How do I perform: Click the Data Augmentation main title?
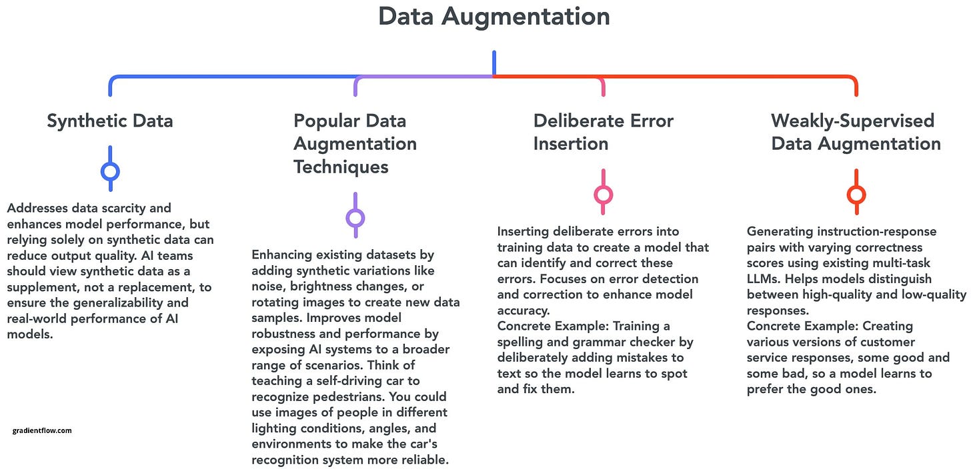tap(494, 17)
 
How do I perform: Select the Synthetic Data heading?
tap(109, 121)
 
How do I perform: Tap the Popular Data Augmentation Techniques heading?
tap(355, 143)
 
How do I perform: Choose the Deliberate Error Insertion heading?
tap(603, 132)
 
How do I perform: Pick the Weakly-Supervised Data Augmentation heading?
tap(856, 132)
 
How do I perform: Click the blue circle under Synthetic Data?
tap(110, 172)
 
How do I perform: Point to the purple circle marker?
tap(355, 218)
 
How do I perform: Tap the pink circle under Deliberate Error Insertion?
tap(603, 195)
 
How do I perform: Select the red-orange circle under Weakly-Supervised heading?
tap(856, 195)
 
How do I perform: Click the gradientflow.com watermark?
tap(41, 430)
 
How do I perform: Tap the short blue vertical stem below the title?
tap(494, 63)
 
